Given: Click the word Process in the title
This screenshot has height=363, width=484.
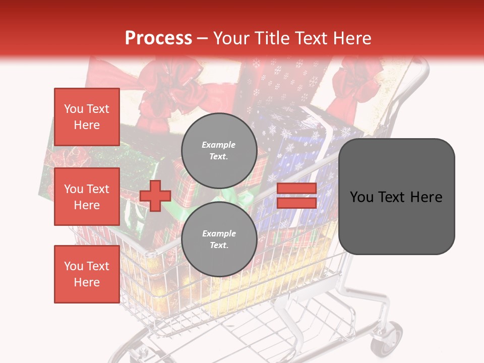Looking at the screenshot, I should [158, 38].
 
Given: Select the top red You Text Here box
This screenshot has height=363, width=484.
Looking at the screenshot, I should [87, 117].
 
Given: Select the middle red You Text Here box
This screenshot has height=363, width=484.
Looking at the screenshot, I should [87, 197].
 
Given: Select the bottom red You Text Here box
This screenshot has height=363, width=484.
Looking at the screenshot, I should [87, 274].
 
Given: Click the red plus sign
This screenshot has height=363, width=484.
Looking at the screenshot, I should [155, 196].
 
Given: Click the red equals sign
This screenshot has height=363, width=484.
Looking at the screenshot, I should [296, 196].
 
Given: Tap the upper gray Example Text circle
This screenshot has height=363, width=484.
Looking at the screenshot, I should [219, 151].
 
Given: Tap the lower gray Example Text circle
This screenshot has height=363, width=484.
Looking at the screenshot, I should [219, 239].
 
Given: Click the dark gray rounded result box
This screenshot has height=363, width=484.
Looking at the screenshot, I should [396, 197].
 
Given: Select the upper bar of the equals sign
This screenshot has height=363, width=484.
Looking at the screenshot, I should [296, 188].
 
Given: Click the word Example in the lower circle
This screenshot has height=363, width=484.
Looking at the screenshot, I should [219, 233].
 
